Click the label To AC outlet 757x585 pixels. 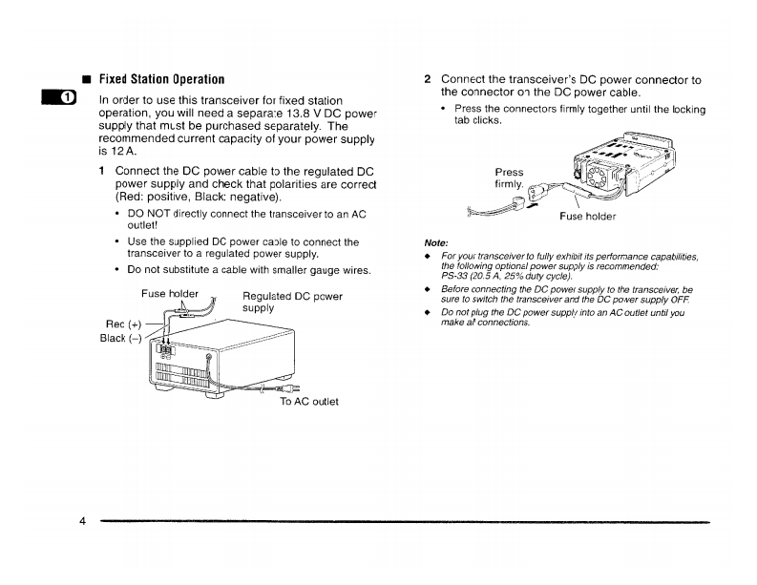(x=308, y=401)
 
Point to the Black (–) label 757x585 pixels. (x=121, y=338)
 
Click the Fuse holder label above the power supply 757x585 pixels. (x=170, y=294)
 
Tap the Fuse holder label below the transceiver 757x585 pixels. (x=587, y=216)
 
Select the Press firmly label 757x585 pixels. (x=511, y=178)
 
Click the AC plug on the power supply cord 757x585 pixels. (x=284, y=388)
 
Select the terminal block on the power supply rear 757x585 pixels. (x=164, y=350)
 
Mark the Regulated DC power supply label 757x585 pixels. (x=292, y=303)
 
